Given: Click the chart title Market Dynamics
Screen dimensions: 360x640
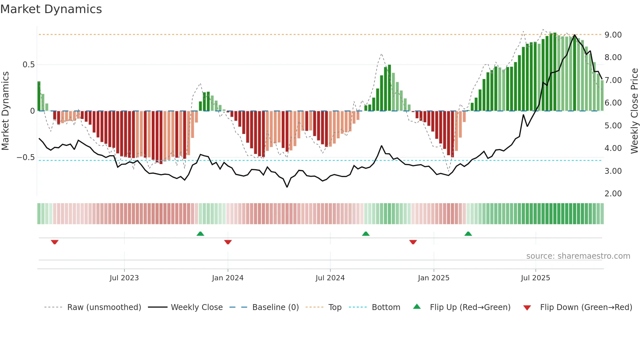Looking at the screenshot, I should pos(51,9).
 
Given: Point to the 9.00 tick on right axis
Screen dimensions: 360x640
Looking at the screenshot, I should pos(613,35).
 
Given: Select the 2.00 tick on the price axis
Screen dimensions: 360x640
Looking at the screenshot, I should pos(613,194).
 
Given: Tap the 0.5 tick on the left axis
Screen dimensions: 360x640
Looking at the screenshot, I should pos(28,65).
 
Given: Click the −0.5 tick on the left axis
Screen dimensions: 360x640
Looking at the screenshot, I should pos(26,157).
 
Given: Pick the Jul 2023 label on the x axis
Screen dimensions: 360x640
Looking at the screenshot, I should pos(124,278).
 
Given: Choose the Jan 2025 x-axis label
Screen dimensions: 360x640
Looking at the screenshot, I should pos(433,278).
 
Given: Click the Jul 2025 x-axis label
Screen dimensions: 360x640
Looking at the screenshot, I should pos(535,278).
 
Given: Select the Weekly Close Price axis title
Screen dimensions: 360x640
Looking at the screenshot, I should pos(634,111).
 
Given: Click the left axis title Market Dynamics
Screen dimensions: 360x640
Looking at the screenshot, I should pos(5,111).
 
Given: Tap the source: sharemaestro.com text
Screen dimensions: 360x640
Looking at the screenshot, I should pos(578,256).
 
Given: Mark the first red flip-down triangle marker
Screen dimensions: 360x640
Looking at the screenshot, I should pos(55,242).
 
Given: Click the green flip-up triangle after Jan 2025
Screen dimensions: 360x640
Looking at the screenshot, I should pos(468,234).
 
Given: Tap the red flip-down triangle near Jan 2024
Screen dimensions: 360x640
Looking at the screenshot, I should pos(228,242).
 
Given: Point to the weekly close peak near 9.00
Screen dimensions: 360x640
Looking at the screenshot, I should pos(575,35).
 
